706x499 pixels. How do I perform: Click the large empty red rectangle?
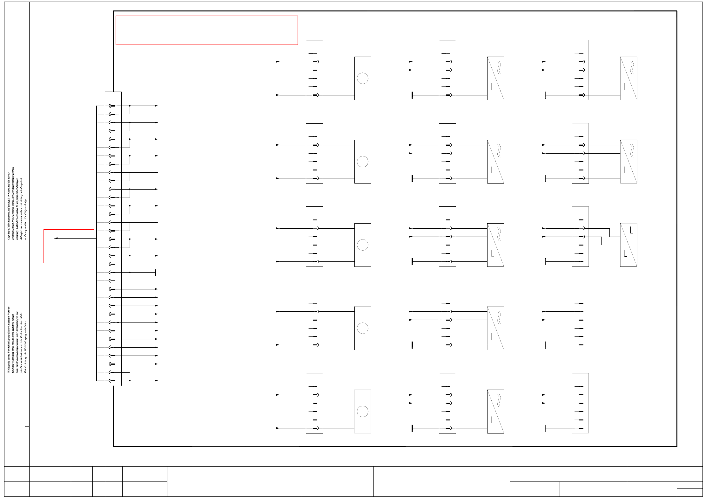click(x=207, y=30)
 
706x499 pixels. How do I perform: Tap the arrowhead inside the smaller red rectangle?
click(x=56, y=238)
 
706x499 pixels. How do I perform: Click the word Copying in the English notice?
click(x=9, y=234)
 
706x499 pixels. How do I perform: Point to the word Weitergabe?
click(x=9, y=366)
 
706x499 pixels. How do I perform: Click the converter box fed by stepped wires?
click(x=629, y=245)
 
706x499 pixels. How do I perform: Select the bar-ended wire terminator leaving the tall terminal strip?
click(x=155, y=273)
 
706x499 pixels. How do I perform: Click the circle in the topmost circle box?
click(x=362, y=78)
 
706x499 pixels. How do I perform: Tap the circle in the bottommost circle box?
click(x=362, y=412)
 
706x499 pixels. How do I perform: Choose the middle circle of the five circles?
click(x=362, y=245)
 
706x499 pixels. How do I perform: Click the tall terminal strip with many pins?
click(x=113, y=239)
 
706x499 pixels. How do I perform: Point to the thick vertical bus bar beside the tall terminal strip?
click(x=97, y=243)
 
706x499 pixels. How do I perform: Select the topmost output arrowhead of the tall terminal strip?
click(x=156, y=106)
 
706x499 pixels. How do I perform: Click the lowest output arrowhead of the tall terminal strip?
click(x=156, y=381)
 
